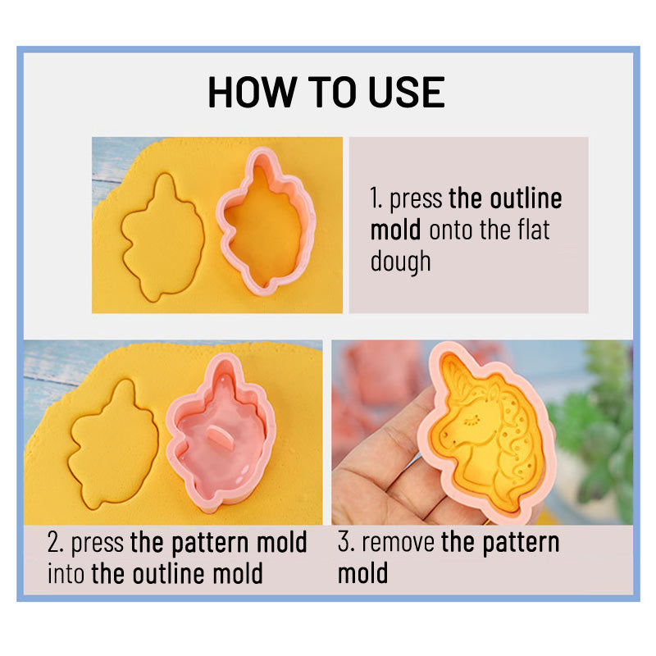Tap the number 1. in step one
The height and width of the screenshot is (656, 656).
pyautogui.click(x=376, y=198)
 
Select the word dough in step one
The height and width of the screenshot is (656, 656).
pyautogui.click(x=400, y=262)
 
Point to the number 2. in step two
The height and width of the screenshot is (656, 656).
pyautogui.click(x=55, y=543)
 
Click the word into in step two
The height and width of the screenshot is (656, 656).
pyautogui.click(x=66, y=573)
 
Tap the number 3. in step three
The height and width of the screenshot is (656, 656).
pyautogui.click(x=346, y=542)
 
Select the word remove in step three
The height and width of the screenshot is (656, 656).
pyautogui.click(x=398, y=543)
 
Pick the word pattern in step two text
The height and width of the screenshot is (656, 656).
pyautogui.click(x=211, y=544)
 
